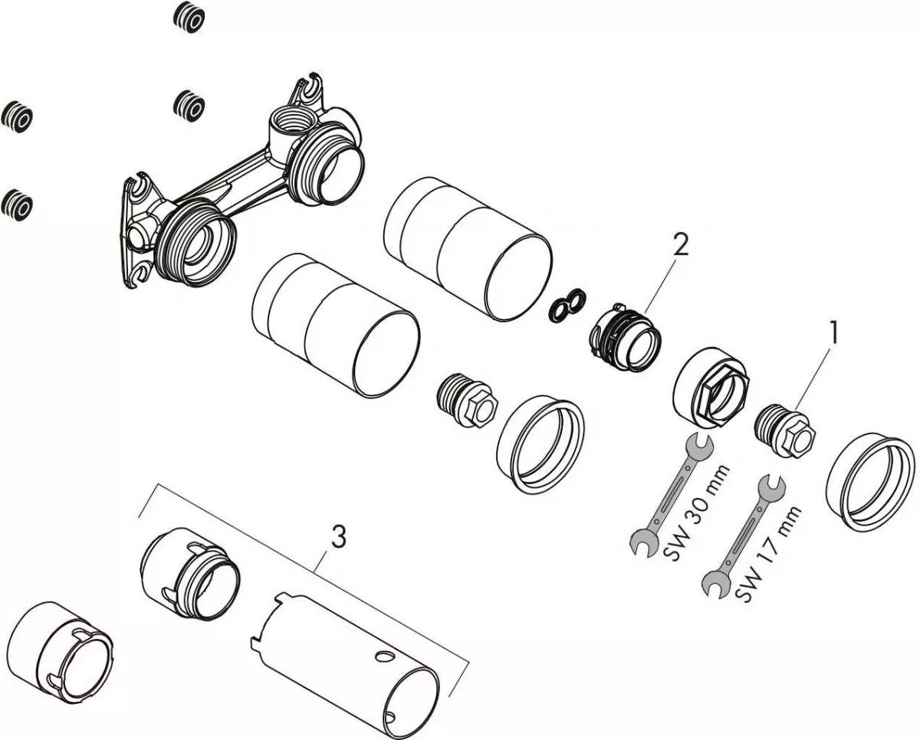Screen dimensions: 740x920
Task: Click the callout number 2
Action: coord(679,244)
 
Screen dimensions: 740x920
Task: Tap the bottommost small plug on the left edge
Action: coord(16,205)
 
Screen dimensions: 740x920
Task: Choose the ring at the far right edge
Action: coord(869,481)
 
